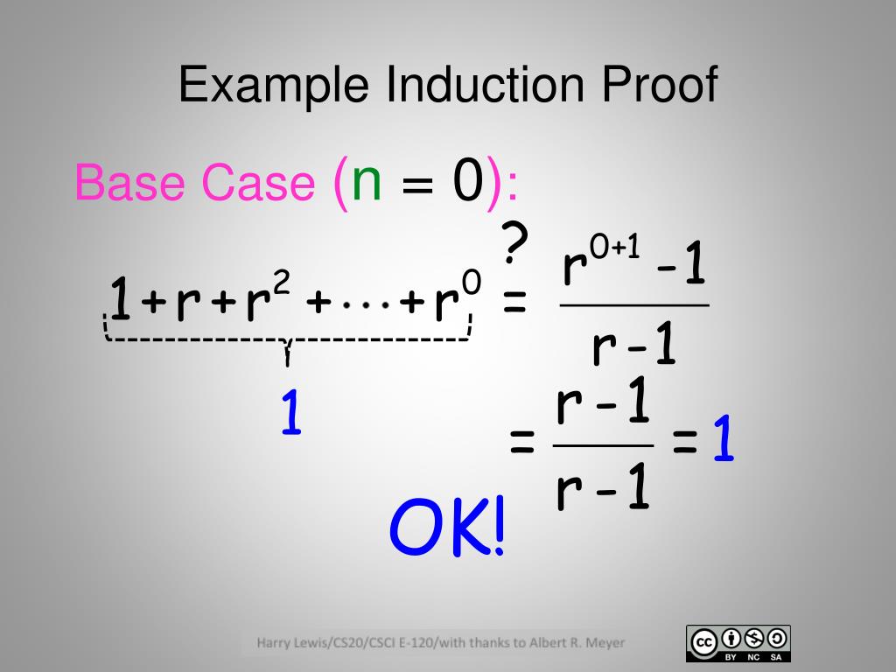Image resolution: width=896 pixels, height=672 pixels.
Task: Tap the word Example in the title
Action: tap(274, 87)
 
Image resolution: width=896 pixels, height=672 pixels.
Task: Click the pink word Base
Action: tap(132, 183)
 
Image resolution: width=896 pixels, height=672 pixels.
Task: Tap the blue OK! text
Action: tap(447, 530)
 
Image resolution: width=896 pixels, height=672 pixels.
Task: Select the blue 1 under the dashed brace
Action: tap(291, 414)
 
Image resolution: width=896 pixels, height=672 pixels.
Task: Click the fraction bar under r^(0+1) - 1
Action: tap(633, 305)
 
